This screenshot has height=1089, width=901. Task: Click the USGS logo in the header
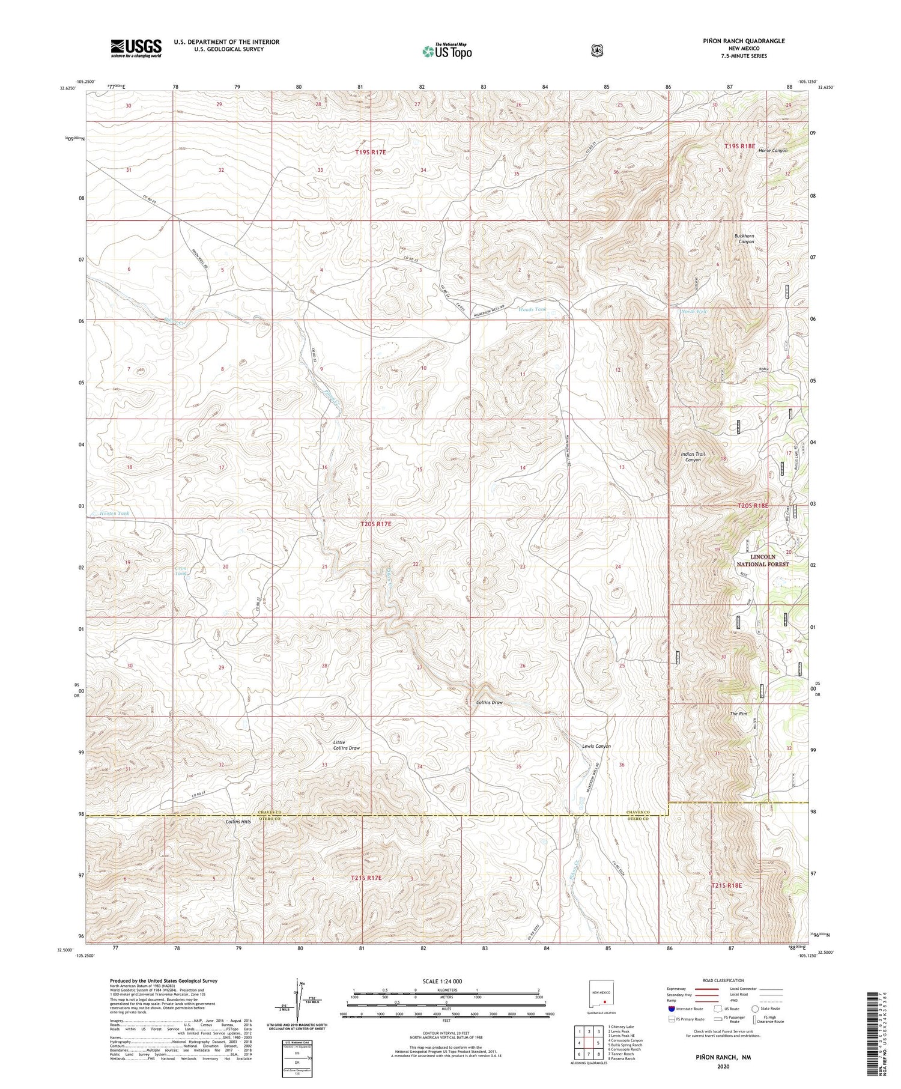[x=136, y=48]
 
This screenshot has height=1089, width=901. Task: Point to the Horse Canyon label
[x=772, y=150]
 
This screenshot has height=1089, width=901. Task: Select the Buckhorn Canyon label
[x=744, y=238]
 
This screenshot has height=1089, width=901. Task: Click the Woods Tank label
[x=532, y=309]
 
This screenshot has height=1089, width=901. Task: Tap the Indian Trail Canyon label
[x=693, y=457]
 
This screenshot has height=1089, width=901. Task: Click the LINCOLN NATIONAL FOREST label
[x=762, y=560]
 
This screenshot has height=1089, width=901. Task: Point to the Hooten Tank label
[x=114, y=514]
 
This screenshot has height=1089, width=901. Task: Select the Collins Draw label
[x=489, y=702]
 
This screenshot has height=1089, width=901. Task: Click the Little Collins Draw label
[x=347, y=745]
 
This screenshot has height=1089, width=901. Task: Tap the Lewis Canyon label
[x=596, y=746]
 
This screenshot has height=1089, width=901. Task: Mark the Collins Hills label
[x=238, y=821]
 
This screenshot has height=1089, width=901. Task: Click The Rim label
[x=738, y=714]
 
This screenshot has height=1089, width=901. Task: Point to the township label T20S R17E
[x=375, y=524]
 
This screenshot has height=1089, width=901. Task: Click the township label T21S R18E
[x=727, y=885]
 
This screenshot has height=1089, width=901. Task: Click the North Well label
[x=693, y=312]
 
